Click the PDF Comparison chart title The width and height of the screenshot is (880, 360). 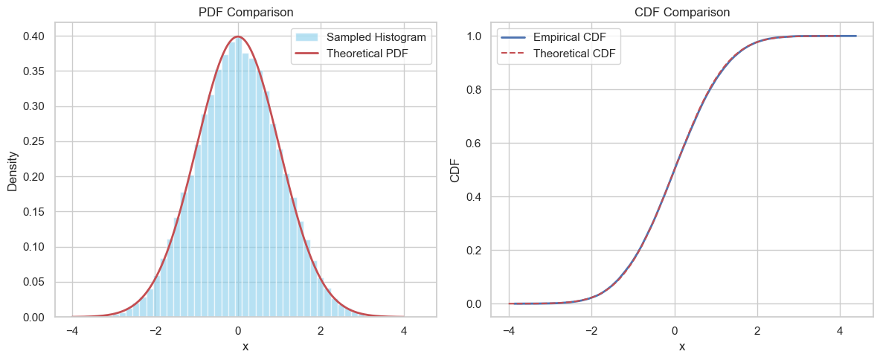point(245,12)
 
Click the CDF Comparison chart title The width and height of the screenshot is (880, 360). point(681,12)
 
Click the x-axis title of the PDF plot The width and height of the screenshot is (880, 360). point(245,347)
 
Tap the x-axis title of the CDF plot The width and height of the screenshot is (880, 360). point(681,347)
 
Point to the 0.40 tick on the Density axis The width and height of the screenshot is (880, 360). point(33,36)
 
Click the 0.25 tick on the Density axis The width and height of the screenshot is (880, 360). point(33,142)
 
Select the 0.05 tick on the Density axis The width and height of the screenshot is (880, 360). point(33,283)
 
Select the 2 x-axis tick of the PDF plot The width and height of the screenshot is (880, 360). point(321,330)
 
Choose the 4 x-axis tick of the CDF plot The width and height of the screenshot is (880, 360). point(840,330)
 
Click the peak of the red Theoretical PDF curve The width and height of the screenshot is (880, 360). point(237,36)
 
